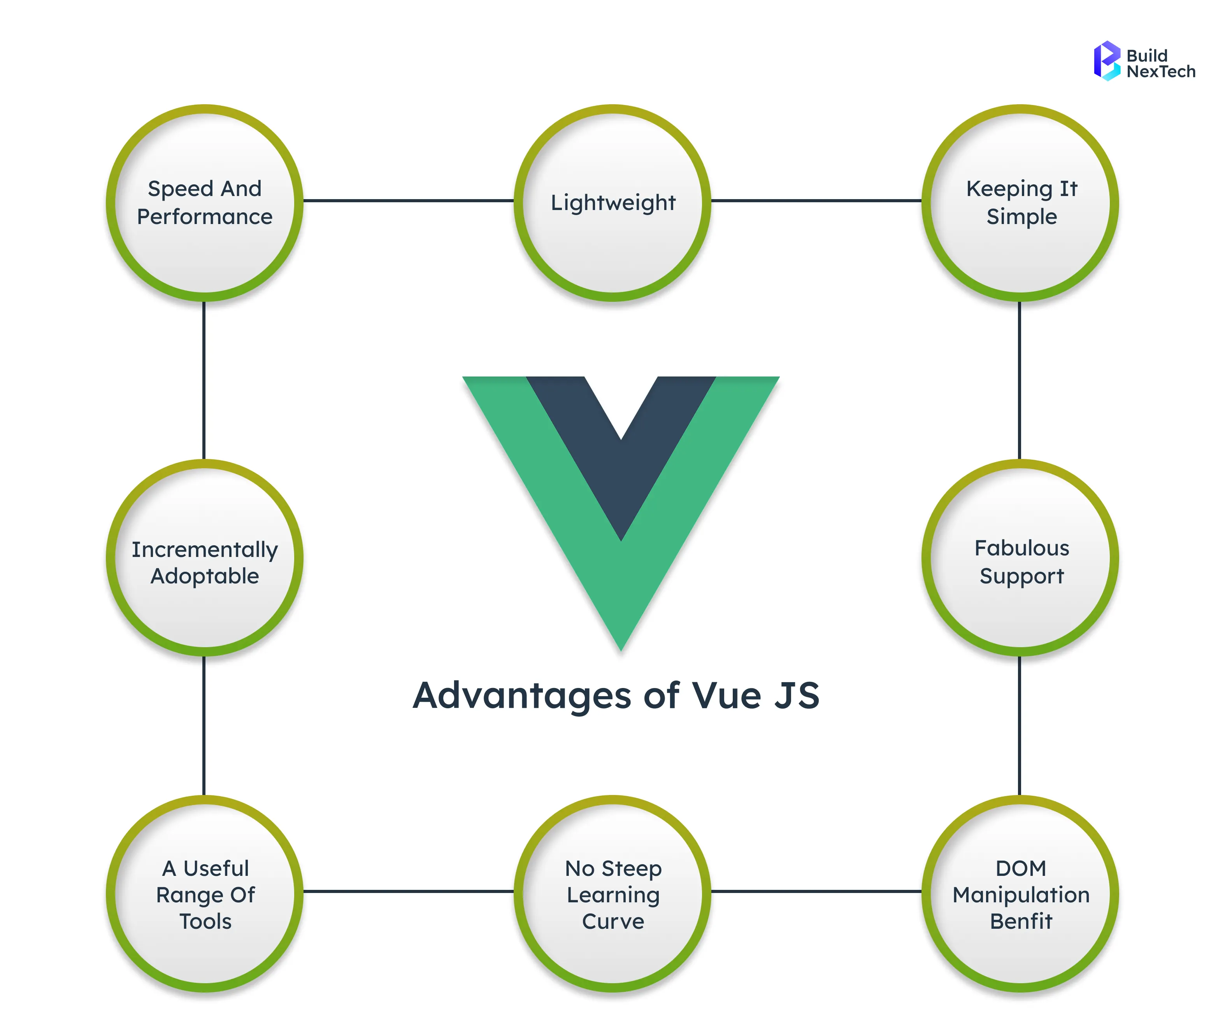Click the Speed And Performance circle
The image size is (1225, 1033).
point(204,203)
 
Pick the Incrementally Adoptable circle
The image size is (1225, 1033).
point(204,557)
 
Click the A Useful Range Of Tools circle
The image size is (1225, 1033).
point(204,894)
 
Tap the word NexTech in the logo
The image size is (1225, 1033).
point(1160,72)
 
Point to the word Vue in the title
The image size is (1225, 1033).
point(727,696)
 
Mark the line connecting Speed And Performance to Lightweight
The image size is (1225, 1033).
point(408,200)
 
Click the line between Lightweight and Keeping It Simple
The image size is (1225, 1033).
point(816,200)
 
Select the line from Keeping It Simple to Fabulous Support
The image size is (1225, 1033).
point(1020,381)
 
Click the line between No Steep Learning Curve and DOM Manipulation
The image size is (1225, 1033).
point(816,891)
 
